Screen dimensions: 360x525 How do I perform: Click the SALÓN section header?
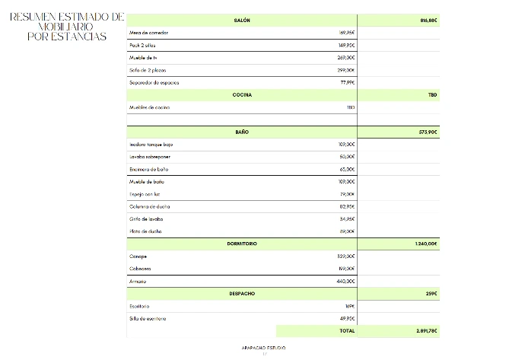click(x=242, y=21)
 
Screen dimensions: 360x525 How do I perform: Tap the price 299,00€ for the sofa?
click(x=346, y=70)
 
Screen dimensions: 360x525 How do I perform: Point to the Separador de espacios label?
click(x=154, y=82)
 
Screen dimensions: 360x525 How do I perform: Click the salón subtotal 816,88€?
click(x=428, y=21)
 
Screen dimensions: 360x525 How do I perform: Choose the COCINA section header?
click(x=242, y=95)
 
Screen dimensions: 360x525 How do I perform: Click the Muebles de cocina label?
click(x=150, y=107)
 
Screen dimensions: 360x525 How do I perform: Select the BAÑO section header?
click(x=242, y=132)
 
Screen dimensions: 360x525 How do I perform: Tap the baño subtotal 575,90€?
click(x=428, y=132)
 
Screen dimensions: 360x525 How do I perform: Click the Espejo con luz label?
click(x=146, y=194)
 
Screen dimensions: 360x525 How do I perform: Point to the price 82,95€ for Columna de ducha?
click(x=347, y=206)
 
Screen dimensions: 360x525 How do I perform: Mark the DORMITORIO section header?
click(x=242, y=244)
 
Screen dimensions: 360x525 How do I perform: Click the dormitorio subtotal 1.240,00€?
click(x=426, y=244)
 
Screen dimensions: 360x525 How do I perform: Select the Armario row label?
click(x=138, y=281)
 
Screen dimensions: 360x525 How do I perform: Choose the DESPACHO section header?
click(x=242, y=293)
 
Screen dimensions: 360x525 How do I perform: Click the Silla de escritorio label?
click(x=148, y=318)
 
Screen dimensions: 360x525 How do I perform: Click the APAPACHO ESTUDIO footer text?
click(x=263, y=348)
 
